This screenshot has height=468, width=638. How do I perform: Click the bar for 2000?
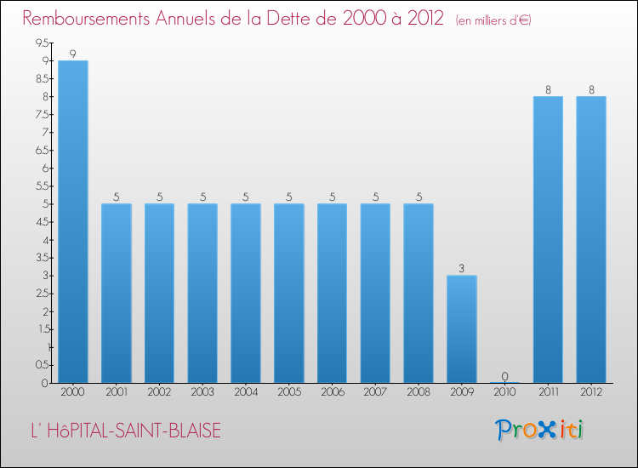click(x=72, y=221)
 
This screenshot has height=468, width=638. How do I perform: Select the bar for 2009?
click(x=462, y=328)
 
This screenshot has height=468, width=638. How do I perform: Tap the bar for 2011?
click(x=548, y=239)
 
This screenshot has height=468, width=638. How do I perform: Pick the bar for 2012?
click(x=591, y=239)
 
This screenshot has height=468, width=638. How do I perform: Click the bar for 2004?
click(x=245, y=293)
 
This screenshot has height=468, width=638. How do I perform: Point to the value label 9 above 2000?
click(x=72, y=54)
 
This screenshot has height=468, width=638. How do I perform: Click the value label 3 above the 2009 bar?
click(x=462, y=269)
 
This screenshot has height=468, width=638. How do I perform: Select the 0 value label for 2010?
click(x=504, y=376)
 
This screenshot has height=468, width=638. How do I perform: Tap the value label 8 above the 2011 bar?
click(x=548, y=90)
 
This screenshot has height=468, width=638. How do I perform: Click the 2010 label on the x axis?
click(x=504, y=392)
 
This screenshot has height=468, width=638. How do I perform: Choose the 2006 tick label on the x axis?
click(x=332, y=392)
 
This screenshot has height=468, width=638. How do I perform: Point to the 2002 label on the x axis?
click(x=159, y=392)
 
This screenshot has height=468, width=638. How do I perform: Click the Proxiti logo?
click(x=540, y=429)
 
